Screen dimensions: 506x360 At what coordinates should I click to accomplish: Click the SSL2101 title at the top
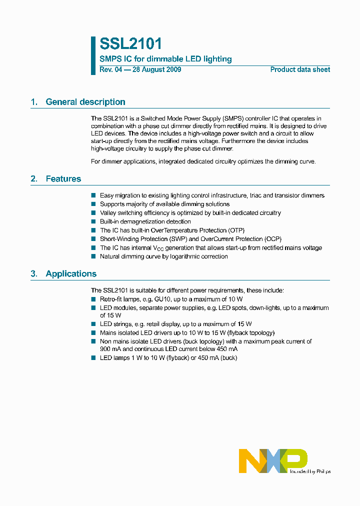[x=131, y=44]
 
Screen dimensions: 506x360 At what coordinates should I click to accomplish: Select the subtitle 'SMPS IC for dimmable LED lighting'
[x=165, y=59]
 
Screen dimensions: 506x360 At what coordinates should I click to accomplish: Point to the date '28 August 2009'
[x=156, y=69]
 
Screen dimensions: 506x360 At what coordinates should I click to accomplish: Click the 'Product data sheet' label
[x=300, y=69]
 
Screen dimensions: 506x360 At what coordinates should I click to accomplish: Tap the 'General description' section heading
[x=85, y=102]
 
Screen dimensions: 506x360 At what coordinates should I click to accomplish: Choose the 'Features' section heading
[x=63, y=179]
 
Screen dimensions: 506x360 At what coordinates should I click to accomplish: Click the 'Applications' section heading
[x=71, y=274]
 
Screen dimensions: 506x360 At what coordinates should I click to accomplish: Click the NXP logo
[x=272, y=460]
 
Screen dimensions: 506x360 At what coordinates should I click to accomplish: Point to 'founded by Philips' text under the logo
[x=310, y=471]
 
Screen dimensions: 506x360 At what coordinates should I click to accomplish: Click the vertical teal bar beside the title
[x=93, y=55]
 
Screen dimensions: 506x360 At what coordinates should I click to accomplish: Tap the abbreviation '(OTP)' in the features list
[x=236, y=230]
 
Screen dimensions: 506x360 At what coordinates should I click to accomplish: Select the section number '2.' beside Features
[x=34, y=179]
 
